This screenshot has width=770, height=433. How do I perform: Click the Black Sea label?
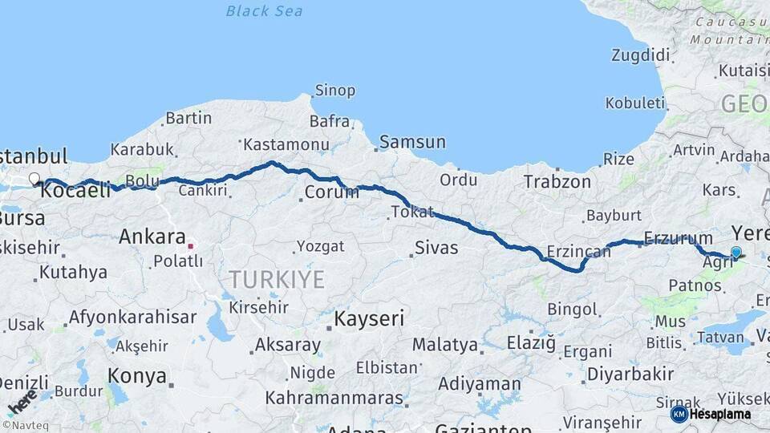264,10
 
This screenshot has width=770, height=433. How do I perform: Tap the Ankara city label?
152,237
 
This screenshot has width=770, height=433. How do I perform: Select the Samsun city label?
412,142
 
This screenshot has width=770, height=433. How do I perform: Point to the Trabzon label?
557,182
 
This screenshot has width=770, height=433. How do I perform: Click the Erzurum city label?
679,238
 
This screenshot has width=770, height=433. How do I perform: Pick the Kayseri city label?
369,318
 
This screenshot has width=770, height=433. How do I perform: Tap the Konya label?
137,376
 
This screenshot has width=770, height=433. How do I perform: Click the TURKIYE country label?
277,280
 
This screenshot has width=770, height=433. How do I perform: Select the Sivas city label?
436,248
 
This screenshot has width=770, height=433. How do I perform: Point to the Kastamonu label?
286,145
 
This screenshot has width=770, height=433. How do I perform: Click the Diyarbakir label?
630,374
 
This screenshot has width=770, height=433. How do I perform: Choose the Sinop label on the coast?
334,91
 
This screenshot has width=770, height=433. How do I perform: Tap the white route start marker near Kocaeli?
34,179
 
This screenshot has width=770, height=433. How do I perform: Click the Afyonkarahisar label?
132,317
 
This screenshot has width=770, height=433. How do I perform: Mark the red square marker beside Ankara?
191,237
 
